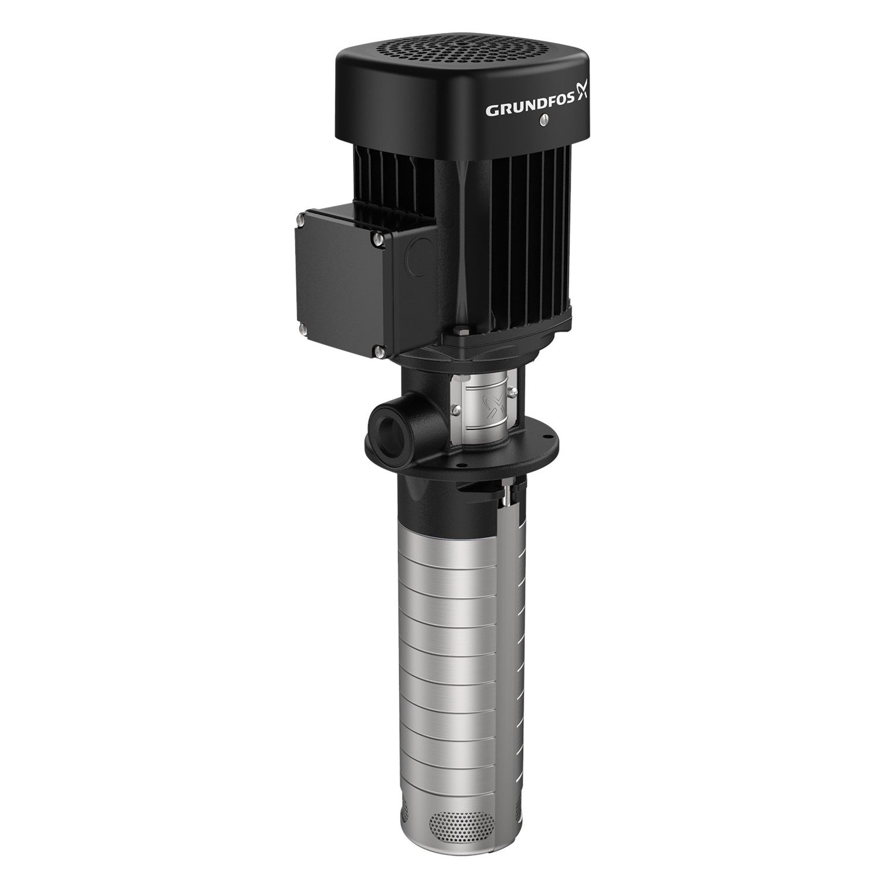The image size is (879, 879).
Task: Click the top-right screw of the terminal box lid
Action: tap(379, 239)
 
